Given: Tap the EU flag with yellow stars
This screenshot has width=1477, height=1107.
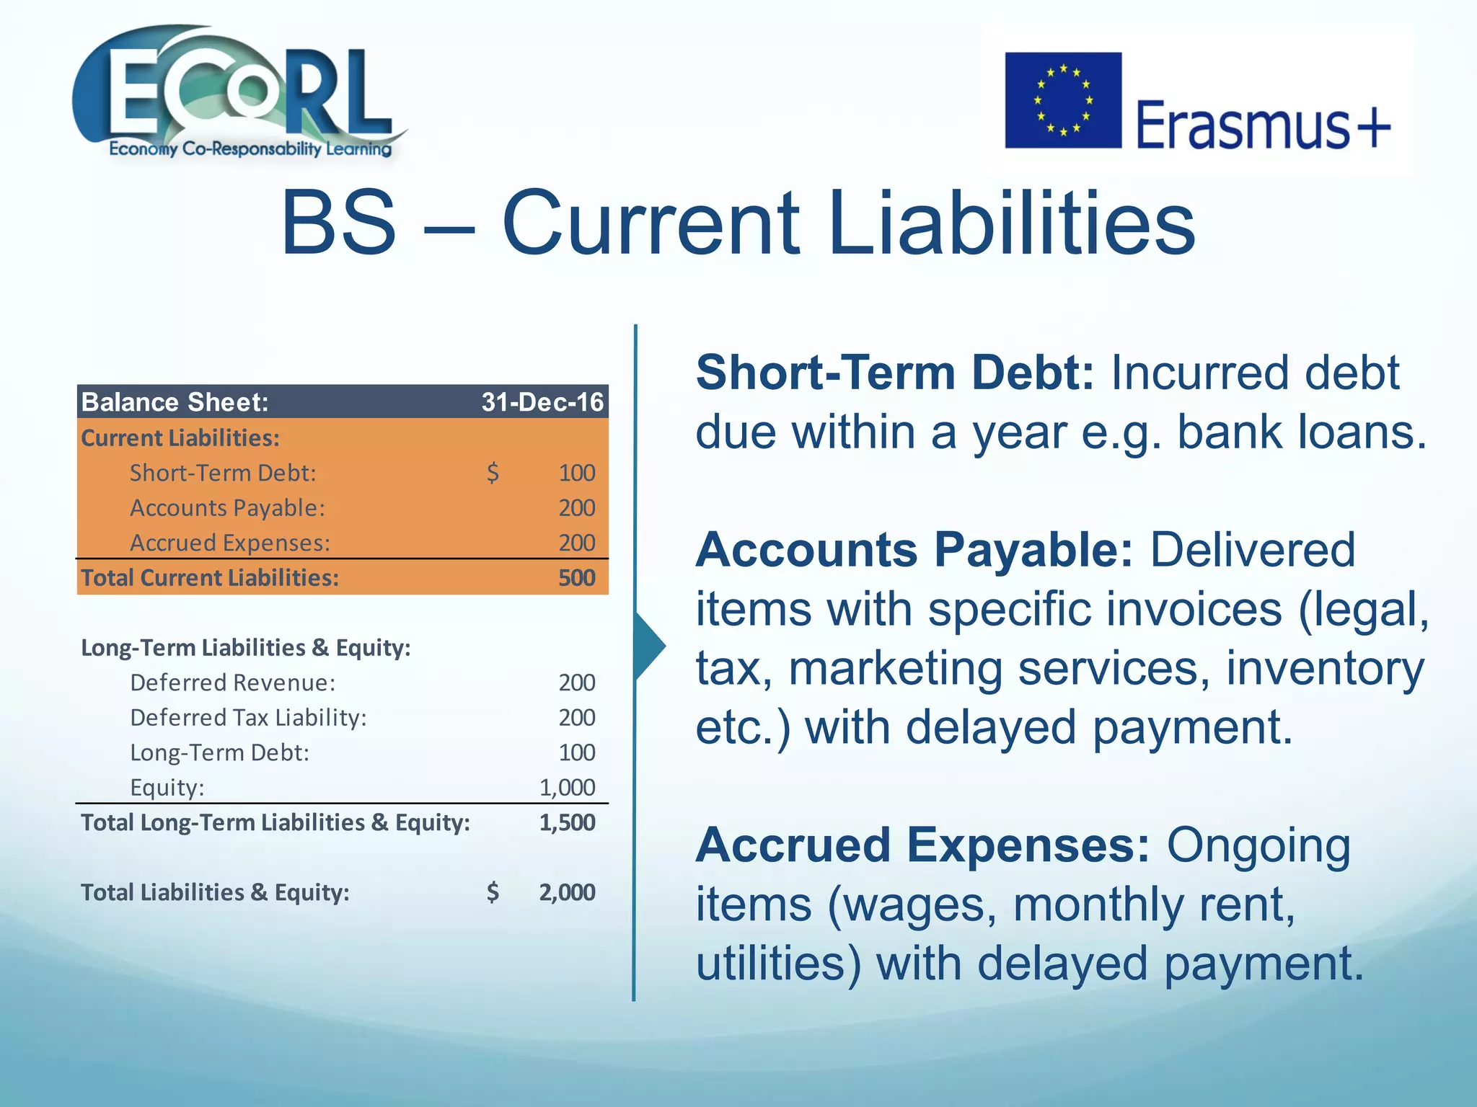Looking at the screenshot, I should pos(1063,100).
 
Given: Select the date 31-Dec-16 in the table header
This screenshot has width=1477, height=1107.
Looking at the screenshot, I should pos(542,402).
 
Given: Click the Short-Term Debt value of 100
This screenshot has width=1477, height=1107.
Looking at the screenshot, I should pos(577,473).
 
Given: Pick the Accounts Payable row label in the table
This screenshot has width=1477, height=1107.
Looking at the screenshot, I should pos(227,508).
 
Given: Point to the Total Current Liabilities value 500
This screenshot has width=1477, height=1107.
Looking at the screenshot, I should pos(577,578).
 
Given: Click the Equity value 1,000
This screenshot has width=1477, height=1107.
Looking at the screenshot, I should pos(568,787).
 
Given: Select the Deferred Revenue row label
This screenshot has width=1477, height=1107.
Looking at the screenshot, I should pos(232,683).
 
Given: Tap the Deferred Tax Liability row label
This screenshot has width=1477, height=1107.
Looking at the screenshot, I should pos(248,718).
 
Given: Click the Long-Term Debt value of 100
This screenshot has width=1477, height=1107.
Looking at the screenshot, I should pos(577,752).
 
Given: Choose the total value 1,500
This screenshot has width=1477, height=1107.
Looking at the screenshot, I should pos(568,822).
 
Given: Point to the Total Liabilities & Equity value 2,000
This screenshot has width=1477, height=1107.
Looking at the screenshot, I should pos(568,892).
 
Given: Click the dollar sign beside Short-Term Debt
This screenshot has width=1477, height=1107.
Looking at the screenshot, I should pos(493,473).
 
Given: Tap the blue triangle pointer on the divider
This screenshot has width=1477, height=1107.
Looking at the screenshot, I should pos(649,645).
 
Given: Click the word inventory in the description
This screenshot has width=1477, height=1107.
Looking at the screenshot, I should pos(1326,668).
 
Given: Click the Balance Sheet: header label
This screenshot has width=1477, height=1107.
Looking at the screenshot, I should pos(175,402).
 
